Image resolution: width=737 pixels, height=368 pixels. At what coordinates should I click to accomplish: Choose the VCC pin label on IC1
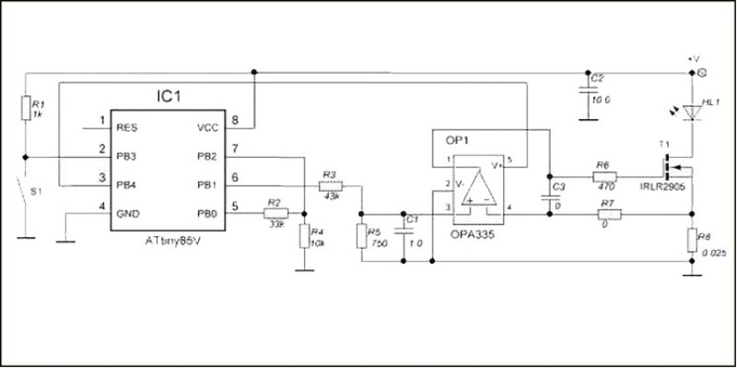tap(207, 128)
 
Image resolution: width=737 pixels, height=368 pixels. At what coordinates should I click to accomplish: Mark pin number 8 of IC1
tap(237, 121)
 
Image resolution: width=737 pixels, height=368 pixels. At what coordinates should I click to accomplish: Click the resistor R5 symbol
tap(362, 236)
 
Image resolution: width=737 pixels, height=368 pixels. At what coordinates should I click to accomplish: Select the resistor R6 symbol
tap(604, 173)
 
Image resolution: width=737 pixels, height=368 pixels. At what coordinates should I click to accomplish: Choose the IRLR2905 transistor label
tap(664, 186)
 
